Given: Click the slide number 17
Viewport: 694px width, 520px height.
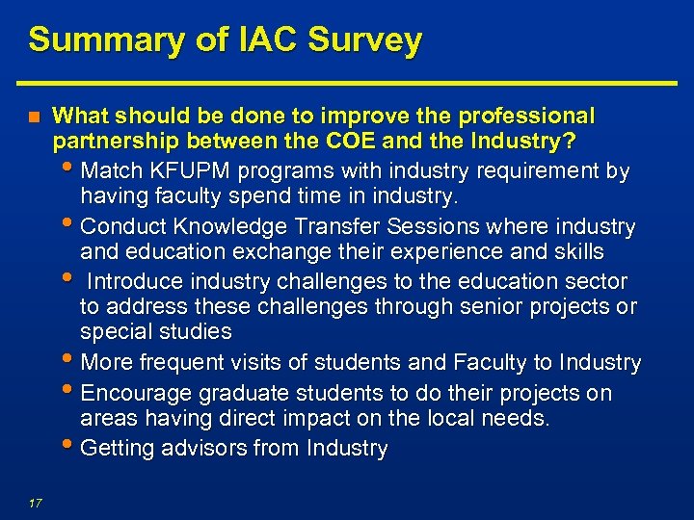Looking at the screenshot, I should coord(35,501).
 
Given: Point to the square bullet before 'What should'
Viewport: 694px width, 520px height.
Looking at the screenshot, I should coord(34,117).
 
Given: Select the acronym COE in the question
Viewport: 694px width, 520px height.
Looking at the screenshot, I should coord(361,143).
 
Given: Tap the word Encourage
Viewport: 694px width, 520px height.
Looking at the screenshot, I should coord(138,394).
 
